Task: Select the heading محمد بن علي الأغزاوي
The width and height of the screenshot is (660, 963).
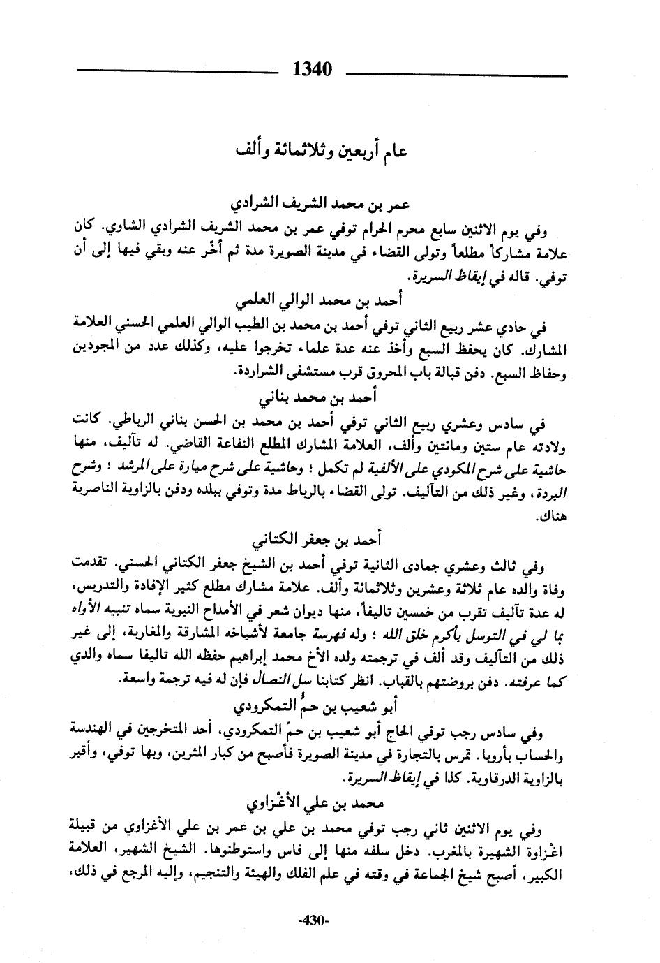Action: pyautogui.click(x=322, y=802)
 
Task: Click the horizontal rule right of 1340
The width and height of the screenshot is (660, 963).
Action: pyautogui.click(x=456, y=73)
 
